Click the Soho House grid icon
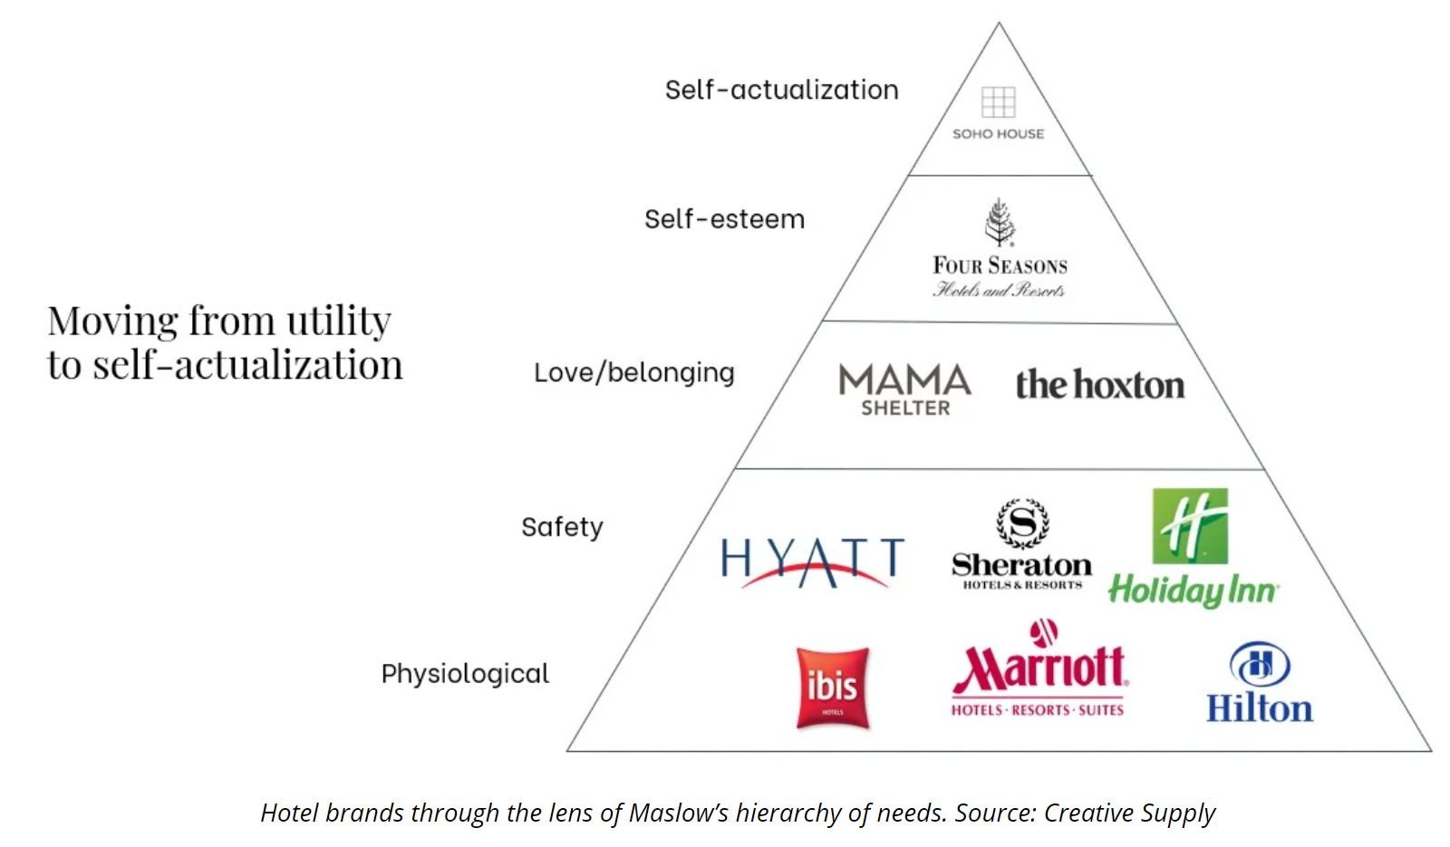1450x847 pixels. (998, 101)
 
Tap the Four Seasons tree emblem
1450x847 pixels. (1000, 222)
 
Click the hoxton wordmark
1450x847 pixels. (1099, 385)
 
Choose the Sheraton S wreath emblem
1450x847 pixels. (1022, 524)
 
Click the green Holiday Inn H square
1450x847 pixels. (1190, 525)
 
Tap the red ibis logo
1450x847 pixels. (832, 687)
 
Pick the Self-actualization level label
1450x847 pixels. (781, 90)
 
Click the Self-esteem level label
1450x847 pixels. (724, 219)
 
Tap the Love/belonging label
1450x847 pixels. (633, 372)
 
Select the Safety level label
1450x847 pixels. (562, 527)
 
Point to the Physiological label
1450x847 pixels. (465, 674)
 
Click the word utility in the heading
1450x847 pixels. (338, 322)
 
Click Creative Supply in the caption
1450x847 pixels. (1128, 813)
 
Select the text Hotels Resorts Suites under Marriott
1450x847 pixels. (1037, 710)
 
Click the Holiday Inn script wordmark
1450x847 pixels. (1192, 591)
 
